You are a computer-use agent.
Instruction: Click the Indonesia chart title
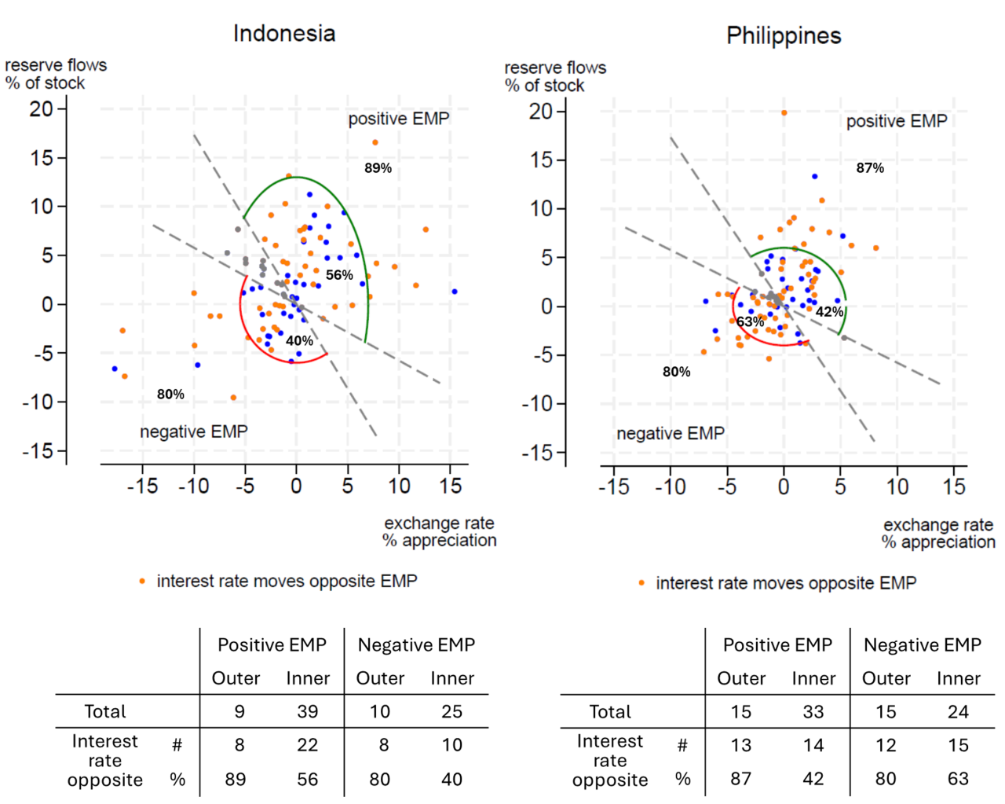coord(284,34)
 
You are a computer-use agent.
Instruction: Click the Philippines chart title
coord(784,36)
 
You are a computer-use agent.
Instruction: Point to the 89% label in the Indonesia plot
coord(378,168)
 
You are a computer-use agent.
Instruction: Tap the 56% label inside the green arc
coord(339,275)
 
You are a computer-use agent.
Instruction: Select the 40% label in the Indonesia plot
coord(299,341)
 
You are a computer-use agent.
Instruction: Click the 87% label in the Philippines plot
coord(870,168)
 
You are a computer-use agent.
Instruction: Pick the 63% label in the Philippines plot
coord(750,322)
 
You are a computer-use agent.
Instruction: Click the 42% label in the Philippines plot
coord(829,312)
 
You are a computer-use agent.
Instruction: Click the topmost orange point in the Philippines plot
coord(784,113)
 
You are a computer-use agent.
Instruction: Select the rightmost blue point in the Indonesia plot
coord(455,292)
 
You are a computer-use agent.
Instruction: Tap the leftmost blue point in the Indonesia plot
coord(115,369)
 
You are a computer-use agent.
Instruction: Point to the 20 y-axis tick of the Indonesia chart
coord(42,109)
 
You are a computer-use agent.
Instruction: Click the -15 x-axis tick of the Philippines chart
coord(614,487)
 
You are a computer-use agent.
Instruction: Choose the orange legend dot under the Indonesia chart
coord(142,582)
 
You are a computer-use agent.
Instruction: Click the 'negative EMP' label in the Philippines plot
coord(671,434)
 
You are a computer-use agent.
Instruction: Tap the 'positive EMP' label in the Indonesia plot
coord(399,119)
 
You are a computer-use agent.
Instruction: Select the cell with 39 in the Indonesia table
coord(308,712)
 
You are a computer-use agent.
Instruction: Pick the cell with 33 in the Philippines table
coord(813,713)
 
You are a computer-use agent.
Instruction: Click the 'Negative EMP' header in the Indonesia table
coord(416,645)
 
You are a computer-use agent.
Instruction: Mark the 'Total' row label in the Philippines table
coord(610,712)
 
